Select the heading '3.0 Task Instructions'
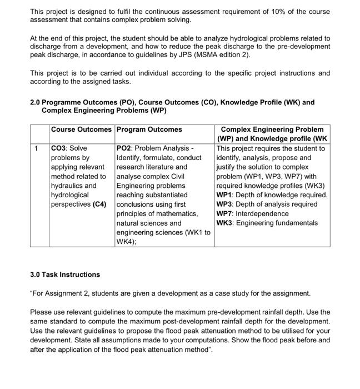(x=65, y=275)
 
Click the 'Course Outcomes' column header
(x=81, y=129)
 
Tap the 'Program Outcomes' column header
(x=149, y=129)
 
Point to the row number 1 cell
(x=36, y=148)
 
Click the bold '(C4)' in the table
(x=100, y=205)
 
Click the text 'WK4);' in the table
(x=127, y=242)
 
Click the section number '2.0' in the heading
(x=36, y=102)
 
